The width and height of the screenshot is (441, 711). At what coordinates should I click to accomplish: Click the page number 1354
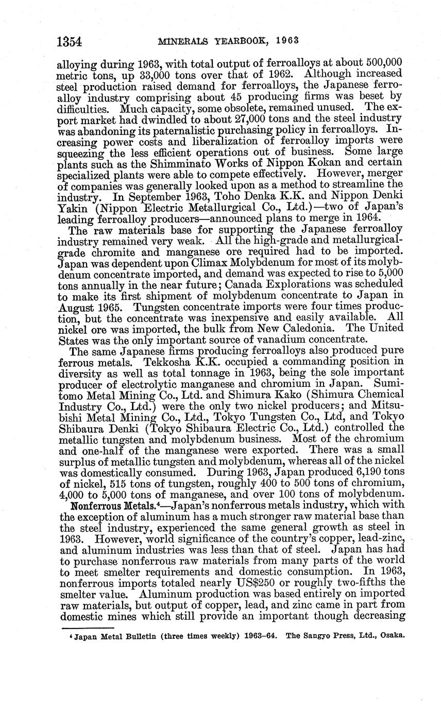coord(72,40)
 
